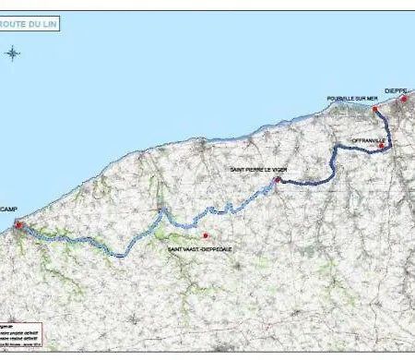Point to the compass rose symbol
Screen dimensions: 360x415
[x=13, y=53]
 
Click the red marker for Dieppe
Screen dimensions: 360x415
[x=403, y=98]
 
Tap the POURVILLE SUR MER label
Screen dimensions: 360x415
[x=347, y=97]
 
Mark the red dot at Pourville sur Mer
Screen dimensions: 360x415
[x=375, y=109]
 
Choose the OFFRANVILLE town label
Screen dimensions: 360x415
[x=366, y=139]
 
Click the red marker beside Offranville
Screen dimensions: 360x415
[x=381, y=145]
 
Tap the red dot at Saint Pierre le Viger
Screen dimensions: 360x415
[x=277, y=180]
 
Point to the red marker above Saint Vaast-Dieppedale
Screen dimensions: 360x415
[x=206, y=234]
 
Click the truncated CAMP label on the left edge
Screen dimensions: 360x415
[x=9, y=210]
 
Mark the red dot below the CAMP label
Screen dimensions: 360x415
[x=17, y=222]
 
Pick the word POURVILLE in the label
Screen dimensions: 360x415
[x=338, y=97]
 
